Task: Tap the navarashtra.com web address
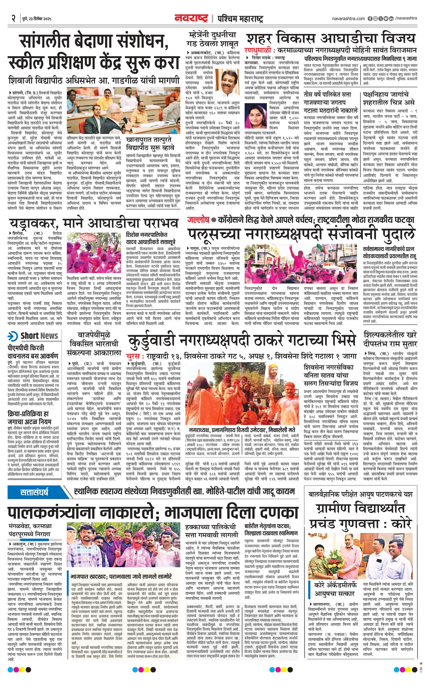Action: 348,18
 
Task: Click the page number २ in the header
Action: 13,19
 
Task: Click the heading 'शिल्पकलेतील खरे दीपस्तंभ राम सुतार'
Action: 390,339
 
